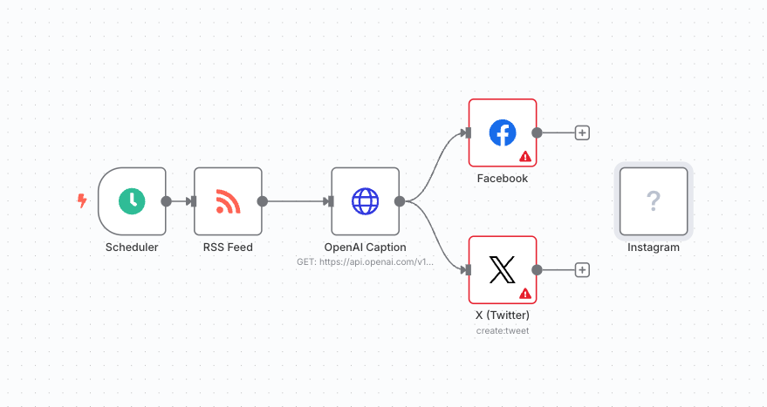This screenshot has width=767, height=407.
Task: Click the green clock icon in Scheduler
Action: click(132, 200)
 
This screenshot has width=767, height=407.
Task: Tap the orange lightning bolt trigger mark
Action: click(82, 201)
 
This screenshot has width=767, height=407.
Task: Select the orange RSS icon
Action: click(228, 201)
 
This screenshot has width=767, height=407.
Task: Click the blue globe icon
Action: click(365, 201)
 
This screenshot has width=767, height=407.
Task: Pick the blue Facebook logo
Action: click(502, 132)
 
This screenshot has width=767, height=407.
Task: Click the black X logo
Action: click(502, 270)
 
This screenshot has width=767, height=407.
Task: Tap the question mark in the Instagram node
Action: click(653, 201)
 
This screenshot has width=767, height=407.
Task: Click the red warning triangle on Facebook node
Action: click(525, 157)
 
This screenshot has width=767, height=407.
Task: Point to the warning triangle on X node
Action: click(525, 294)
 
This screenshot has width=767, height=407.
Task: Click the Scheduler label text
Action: click(132, 247)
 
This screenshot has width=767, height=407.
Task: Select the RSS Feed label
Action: click(228, 247)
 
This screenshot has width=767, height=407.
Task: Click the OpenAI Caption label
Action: click(365, 247)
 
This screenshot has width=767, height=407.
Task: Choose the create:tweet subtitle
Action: click(502, 330)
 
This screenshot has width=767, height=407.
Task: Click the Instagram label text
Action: click(653, 247)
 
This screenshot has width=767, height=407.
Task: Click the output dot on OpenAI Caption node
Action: click(399, 201)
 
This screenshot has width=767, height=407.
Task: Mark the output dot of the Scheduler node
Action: click(166, 201)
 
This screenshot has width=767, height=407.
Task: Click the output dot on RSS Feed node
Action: click(262, 201)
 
